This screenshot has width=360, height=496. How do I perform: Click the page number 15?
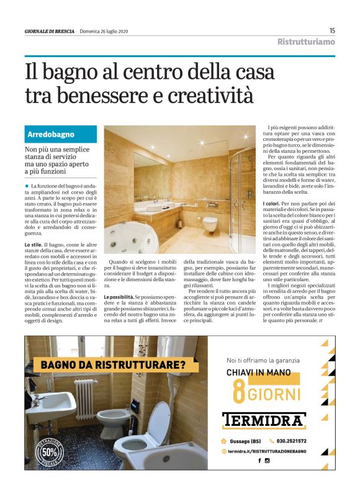coord(332,30)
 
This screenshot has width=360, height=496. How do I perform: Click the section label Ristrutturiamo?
coord(306,42)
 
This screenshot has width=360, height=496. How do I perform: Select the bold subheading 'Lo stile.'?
coord(34,245)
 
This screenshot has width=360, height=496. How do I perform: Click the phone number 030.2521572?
coord(289,441)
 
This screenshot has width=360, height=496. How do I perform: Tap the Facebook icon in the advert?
coord(259,461)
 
